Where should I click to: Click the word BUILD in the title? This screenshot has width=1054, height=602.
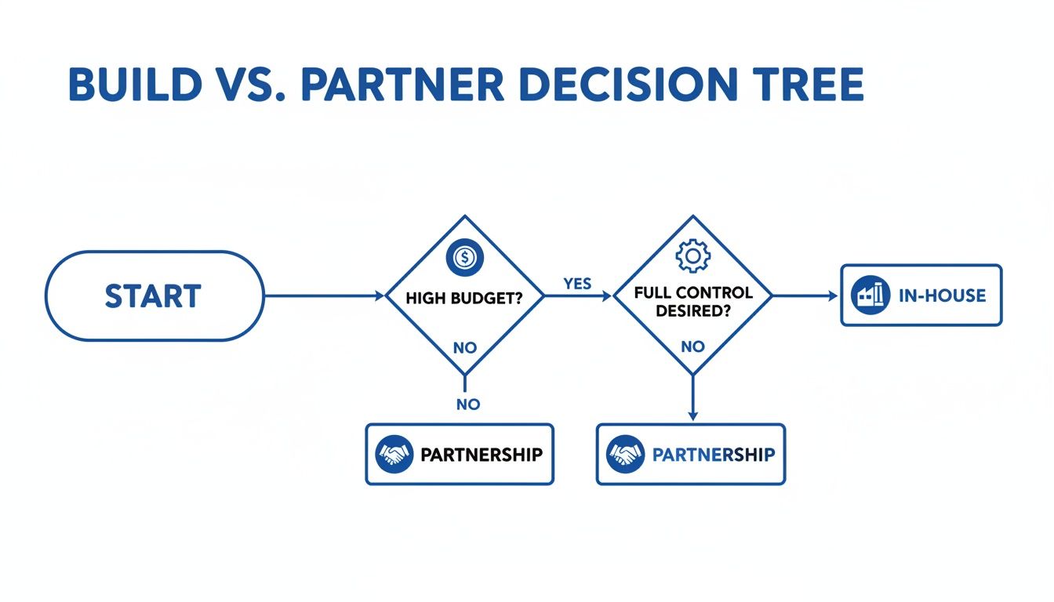(x=136, y=85)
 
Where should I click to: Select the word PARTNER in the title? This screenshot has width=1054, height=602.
(x=403, y=85)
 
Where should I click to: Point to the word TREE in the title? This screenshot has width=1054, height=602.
(x=808, y=85)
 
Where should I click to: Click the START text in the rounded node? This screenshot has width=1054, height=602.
(x=153, y=296)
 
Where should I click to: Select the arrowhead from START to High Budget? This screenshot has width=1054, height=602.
(x=380, y=296)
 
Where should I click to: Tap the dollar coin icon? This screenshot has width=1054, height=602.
(x=465, y=257)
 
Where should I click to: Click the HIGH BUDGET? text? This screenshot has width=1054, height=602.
(x=464, y=298)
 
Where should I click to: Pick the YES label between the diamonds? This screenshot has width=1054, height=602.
(x=577, y=284)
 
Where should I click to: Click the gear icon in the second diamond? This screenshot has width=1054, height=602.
(x=693, y=256)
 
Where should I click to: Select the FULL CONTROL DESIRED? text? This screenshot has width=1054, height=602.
(x=693, y=302)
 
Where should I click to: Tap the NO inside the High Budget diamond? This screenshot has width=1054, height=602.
(x=465, y=348)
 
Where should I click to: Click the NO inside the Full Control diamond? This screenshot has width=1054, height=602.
(x=693, y=346)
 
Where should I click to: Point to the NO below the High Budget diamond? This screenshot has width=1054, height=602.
(x=468, y=404)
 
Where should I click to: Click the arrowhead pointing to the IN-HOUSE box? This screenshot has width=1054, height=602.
(x=833, y=296)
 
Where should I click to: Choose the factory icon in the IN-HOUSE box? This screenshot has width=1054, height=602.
(x=870, y=295)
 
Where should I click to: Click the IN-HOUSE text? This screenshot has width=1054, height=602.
(x=942, y=296)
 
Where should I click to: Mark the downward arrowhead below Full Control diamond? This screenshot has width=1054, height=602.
(x=692, y=415)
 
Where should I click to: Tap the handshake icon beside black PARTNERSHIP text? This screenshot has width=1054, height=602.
(x=394, y=454)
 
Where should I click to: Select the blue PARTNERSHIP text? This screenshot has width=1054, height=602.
(x=714, y=455)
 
